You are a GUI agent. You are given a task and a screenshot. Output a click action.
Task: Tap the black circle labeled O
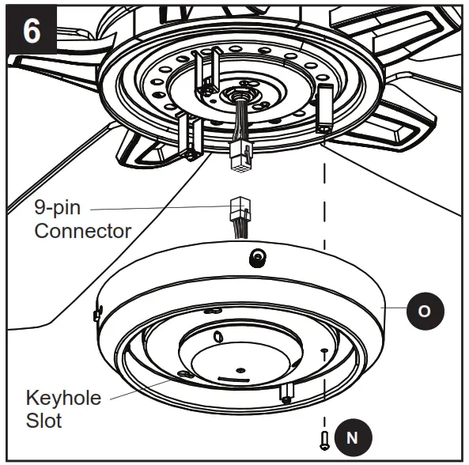click(424, 311)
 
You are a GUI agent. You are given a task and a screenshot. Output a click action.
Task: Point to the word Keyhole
click(64, 397)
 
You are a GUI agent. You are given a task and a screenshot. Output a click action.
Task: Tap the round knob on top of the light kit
click(257, 257)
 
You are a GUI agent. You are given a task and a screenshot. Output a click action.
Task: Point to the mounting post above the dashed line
click(325, 110)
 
